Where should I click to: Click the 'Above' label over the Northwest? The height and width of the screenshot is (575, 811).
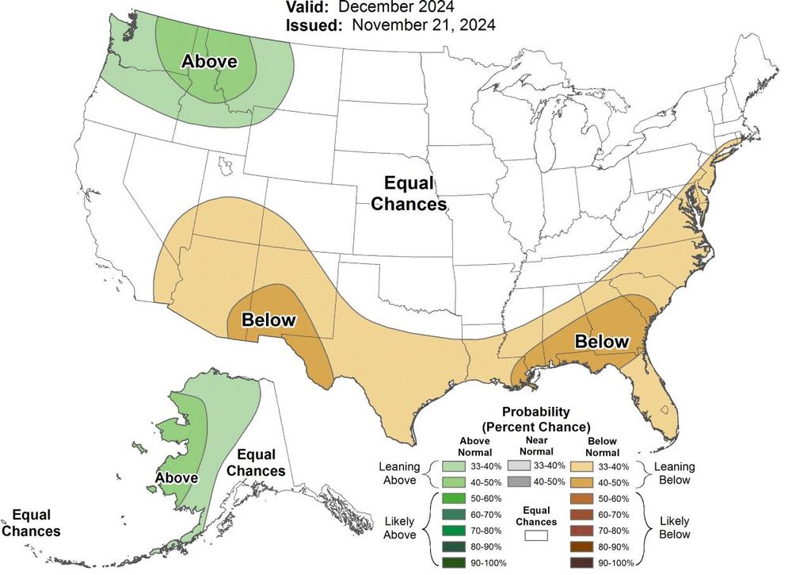point(210,61)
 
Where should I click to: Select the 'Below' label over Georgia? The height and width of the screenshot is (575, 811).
point(602,342)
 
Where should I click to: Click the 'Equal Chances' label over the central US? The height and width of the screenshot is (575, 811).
point(409,194)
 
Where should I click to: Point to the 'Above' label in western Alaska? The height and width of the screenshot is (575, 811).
point(177,478)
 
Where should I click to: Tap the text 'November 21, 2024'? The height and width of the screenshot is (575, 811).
point(424,25)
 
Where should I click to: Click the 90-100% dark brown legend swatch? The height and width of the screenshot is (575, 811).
point(581,563)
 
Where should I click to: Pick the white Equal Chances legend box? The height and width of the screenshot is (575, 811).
point(536,537)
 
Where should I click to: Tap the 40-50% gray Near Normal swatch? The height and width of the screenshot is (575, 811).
point(517,481)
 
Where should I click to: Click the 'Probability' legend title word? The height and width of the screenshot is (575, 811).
point(536,412)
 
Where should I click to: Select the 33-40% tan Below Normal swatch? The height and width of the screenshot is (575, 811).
point(581,466)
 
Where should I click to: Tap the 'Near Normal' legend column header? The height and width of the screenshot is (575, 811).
point(536,446)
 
